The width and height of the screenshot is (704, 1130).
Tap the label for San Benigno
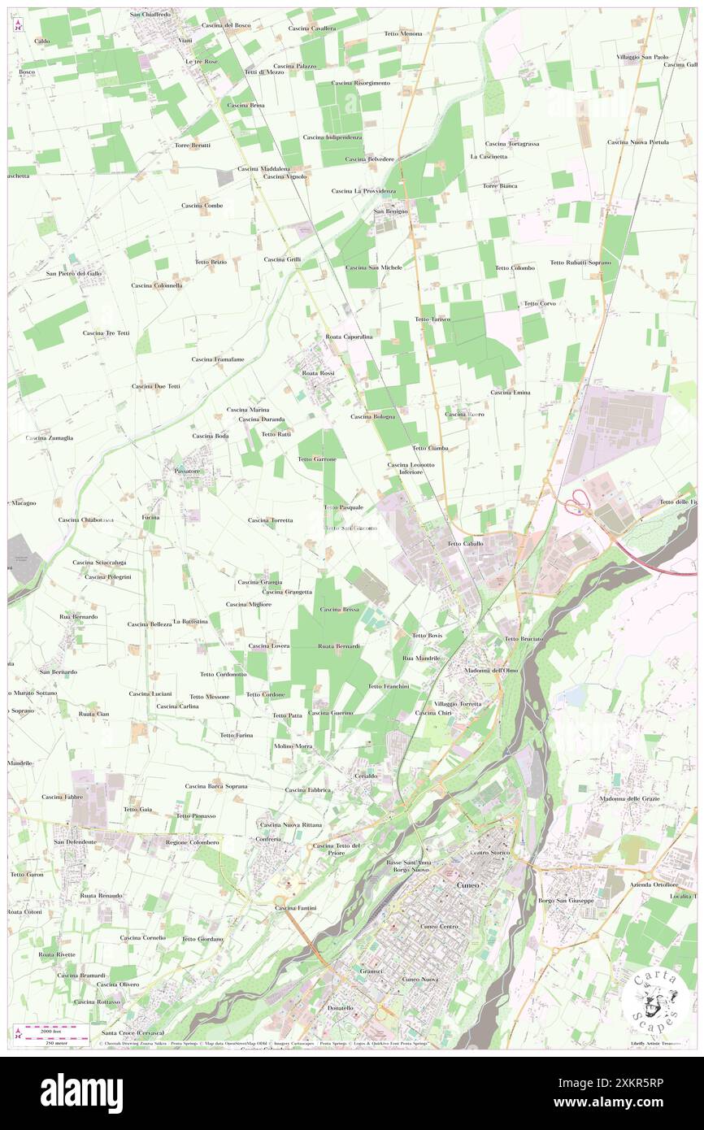point(390,211)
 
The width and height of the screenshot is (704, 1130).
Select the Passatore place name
point(181,471)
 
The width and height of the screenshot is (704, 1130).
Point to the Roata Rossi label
point(318,372)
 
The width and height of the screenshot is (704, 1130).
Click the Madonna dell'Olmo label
point(491,670)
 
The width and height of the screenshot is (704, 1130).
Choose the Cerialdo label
point(365,776)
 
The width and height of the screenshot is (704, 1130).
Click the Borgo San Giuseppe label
point(567,901)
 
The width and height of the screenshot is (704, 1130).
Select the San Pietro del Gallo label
point(74,273)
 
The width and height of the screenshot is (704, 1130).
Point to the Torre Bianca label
point(500,185)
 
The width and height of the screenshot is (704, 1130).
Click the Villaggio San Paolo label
point(642,57)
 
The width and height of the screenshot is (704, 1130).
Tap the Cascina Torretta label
point(271,519)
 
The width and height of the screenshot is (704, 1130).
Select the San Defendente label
point(76,841)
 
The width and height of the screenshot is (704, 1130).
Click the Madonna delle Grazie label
point(630,798)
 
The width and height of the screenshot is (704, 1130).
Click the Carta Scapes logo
point(654,998)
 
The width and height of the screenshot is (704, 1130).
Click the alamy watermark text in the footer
point(81,1093)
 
